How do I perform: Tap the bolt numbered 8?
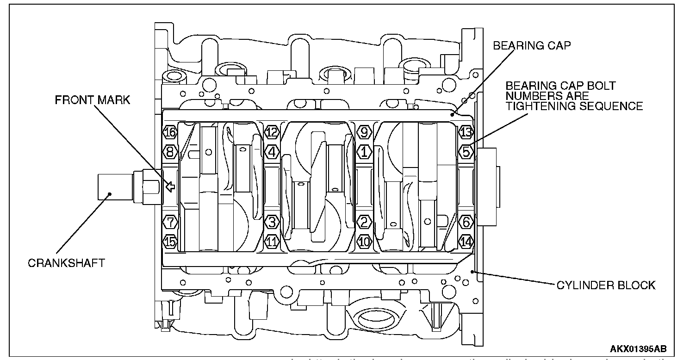click(170, 151)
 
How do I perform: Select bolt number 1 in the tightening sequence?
click(365, 151)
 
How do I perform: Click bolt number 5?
click(466, 151)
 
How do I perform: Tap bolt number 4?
click(272, 151)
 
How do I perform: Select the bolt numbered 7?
click(170, 223)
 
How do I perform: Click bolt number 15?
click(170, 241)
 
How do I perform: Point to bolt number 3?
click(272, 223)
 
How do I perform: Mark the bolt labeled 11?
click(272, 241)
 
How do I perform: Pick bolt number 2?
click(365, 223)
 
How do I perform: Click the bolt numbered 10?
click(365, 241)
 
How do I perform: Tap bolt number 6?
click(466, 223)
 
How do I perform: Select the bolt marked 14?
click(466, 241)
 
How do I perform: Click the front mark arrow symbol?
click(170, 187)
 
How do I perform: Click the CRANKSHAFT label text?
click(66, 263)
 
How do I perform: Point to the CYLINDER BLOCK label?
click(605, 285)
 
